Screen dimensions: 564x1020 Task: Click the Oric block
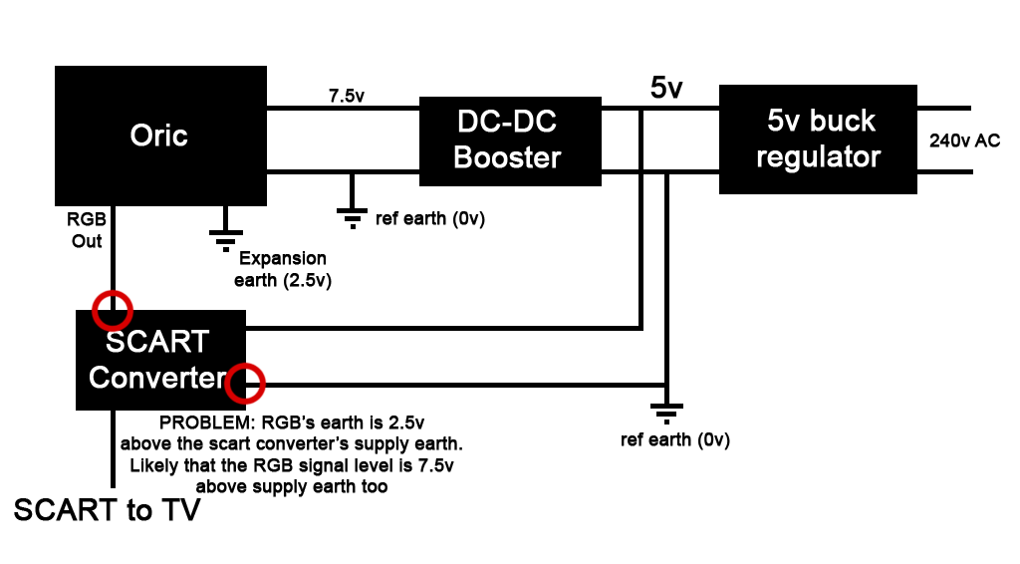(159, 136)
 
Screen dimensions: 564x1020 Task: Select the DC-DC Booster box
(509, 141)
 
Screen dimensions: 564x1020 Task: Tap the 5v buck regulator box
(818, 139)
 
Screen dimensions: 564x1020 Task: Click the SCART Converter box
(159, 360)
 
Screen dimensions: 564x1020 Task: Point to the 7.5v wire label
(347, 97)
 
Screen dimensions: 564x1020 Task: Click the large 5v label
(666, 88)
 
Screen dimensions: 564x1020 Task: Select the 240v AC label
(964, 141)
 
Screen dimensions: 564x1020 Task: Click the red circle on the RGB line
(112, 310)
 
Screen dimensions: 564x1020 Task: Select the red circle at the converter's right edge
(245, 384)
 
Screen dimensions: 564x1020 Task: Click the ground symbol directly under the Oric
(225, 237)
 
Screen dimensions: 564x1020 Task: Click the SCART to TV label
(108, 510)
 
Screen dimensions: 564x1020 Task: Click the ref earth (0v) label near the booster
(430, 218)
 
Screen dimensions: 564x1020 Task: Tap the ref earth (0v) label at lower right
(674, 440)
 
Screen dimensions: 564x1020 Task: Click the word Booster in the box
(507, 157)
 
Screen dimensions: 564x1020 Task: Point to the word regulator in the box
(818, 156)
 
